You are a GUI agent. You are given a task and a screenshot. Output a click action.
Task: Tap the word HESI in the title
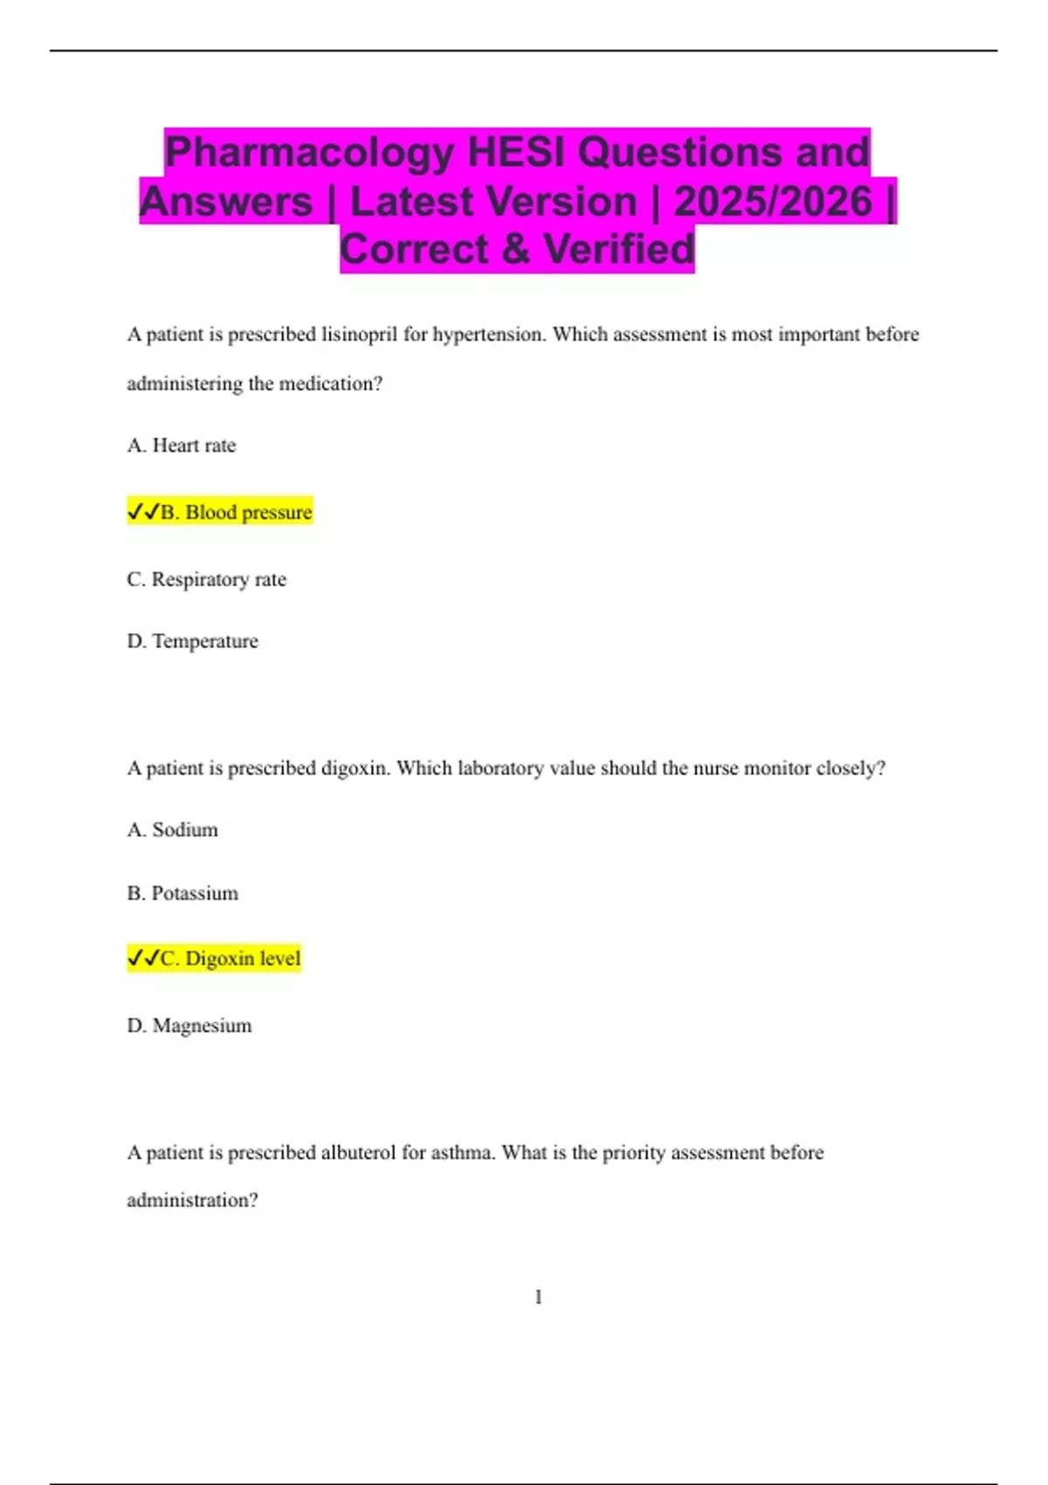tap(516, 153)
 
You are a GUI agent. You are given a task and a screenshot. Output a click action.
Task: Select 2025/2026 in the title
tap(773, 202)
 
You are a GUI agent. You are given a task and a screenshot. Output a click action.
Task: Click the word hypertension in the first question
tap(488, 335)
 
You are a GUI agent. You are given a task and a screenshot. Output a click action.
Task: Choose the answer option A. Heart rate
tap(182, 445)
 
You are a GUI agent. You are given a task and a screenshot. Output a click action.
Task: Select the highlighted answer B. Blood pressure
tap(236, 512)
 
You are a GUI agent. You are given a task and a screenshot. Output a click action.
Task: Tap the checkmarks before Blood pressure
tap(143, 512)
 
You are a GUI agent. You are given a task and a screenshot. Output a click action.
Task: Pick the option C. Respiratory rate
tap(207, 579)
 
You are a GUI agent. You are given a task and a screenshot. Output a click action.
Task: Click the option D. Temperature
tap(193, 641)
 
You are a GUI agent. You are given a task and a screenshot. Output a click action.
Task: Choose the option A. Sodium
tap(173, 830)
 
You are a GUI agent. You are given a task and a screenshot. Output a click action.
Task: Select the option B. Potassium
tap(183, 894)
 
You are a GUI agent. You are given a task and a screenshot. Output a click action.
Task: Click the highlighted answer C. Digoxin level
tap(231, 958)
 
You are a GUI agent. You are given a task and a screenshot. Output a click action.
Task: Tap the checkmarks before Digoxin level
tap(143, 958)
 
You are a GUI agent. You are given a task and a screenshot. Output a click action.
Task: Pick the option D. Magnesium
tap(190, 1026)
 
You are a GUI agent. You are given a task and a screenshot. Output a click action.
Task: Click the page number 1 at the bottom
tap(538, 1297)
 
